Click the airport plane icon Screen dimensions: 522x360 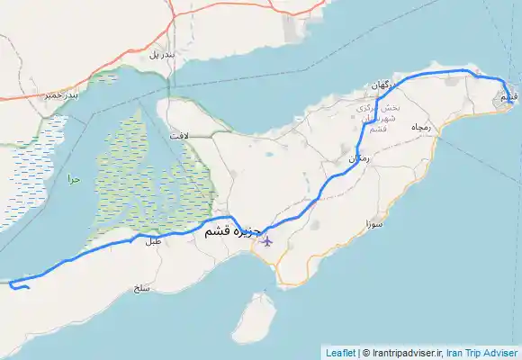coord(265,240)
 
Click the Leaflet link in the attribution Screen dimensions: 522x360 coord(339,353)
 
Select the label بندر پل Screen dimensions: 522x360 coord(158,55)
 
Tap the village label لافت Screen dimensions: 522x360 coord(179,134)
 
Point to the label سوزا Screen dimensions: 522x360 coord(374,221)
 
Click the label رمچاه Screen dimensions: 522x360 coord(422,129)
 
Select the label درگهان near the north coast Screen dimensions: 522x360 coord(382,85)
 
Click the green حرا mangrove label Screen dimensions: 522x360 coord(74,179)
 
